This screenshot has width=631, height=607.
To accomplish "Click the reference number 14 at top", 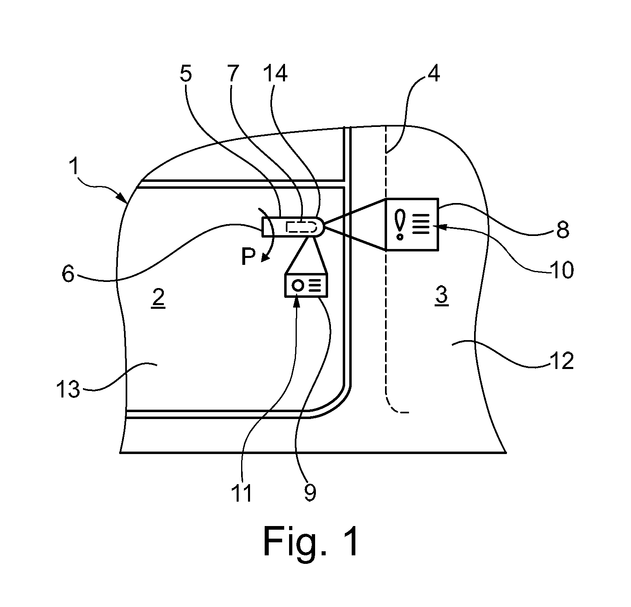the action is tap(275, 74).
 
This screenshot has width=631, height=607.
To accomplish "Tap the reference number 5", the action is tap(186, 74).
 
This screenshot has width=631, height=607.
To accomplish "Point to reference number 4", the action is tap(434, 74).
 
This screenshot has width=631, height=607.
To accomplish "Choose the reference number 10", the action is tap(561, 269).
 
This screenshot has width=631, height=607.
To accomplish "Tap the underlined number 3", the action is tap(442, 296).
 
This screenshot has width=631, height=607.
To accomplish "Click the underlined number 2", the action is tap(158, 299).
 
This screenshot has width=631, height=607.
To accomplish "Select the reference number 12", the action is tap(561, 360).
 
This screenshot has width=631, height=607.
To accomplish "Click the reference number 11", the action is tap(241, 493).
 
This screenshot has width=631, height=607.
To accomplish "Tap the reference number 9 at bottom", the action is tap(310, 493).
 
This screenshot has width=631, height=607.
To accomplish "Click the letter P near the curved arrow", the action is tap(248, 257).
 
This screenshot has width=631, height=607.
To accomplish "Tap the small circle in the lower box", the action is tap(298, 286).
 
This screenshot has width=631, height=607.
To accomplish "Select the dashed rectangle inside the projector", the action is tap(301, 226).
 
